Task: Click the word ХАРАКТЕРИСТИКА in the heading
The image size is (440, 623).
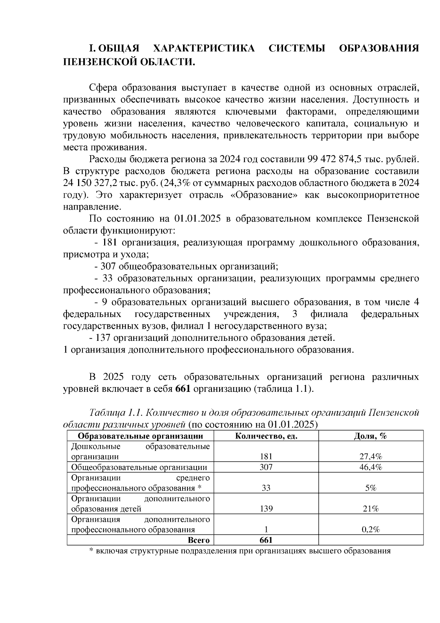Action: pyautogui.click(x=203, y=49)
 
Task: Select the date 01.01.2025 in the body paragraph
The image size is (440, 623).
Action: pyautogui.click(x=197, y=219)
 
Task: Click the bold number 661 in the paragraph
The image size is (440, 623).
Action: pyautogui.click(x=183, y=389)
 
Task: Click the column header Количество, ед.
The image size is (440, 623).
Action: pyautogui.click(x=266, y=436)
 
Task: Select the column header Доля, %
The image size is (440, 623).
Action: pyautogui.click(x=370, y=436)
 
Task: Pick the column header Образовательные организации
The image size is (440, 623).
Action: pyautogui.click(x=140, y=436)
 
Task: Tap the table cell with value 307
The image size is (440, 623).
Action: pyautogui.click(x=266, y=467)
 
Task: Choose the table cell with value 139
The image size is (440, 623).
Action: pyautogui.click(x=266, y=509)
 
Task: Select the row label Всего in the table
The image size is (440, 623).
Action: pyautogui.click(x=199, y=540)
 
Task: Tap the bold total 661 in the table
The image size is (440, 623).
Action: pyautogui.click(x=266, y=540)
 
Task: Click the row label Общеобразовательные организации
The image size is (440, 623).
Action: pyautogui.click(x=139, y=467)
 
